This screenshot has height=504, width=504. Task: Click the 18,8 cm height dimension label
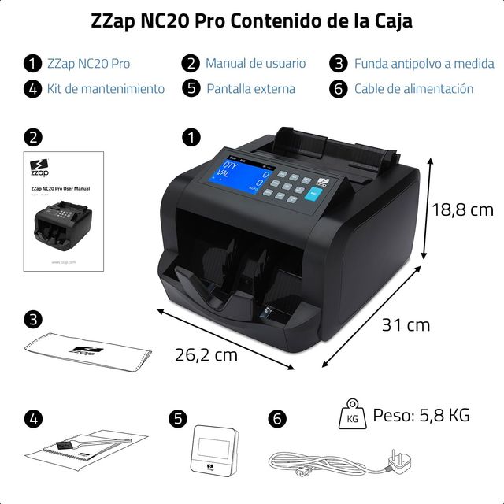pos(462,209)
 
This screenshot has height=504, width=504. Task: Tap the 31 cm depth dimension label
pos(406,324)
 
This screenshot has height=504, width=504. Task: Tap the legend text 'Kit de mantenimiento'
pos(106,89)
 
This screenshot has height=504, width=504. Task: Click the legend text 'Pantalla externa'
pos(251,89)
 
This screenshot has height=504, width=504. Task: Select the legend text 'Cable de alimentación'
pos(413,89)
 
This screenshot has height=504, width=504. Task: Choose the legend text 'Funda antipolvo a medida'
pos(424,63)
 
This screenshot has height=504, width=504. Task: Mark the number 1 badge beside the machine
pos(191,138)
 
